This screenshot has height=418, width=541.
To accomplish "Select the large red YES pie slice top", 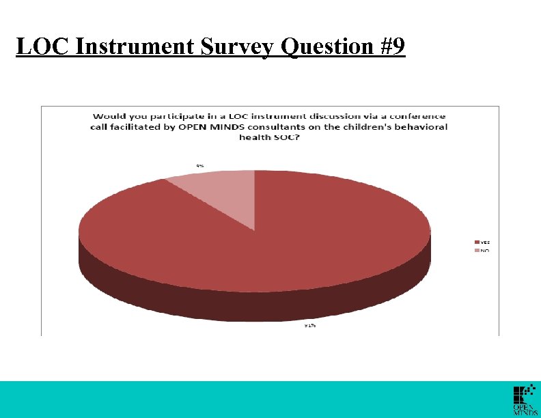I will [273, 232].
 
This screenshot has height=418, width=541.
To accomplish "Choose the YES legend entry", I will [482, 242].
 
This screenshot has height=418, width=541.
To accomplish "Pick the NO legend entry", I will [482, 251].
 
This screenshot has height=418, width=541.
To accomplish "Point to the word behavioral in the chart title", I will [421, 126].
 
